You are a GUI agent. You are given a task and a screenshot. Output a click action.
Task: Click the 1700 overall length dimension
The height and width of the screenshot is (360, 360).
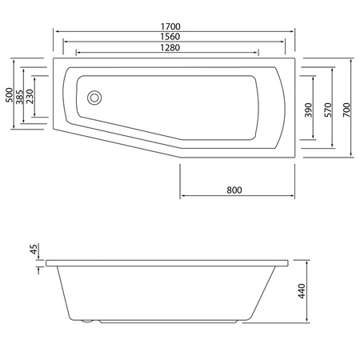[174, 23]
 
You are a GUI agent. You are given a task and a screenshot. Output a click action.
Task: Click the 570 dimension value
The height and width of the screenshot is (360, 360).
[328, 110]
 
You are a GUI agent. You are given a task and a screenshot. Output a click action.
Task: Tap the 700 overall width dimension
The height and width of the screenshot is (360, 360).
[346, 110]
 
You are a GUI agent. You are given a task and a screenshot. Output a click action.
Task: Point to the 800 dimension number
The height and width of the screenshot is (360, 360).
[234, 190]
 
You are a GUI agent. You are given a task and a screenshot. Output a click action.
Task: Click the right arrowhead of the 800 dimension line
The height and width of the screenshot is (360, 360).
[293, 196]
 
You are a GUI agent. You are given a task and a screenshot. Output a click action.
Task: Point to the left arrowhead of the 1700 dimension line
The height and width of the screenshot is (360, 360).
[55, 30]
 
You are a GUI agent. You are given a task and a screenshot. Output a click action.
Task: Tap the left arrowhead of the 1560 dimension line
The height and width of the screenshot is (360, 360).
[65, 43]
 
